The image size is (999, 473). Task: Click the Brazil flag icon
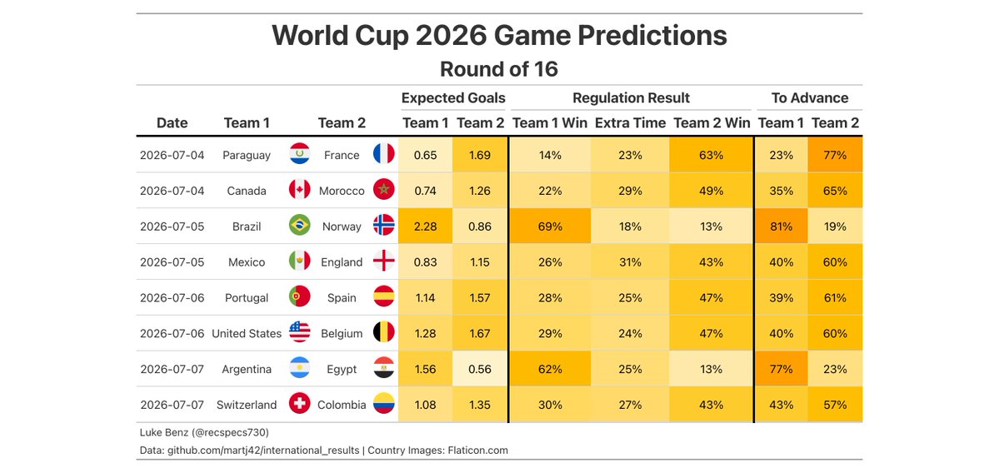(x=299, y=226)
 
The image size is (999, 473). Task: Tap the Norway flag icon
(x=383, y=226)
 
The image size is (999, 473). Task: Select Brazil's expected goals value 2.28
(x=426, y=227)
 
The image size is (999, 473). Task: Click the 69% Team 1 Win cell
(x=550, y=227)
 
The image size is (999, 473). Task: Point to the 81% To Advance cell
(x=781, y=227)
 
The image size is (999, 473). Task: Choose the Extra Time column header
(x=630, y=123)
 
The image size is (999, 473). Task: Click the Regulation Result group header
(x=631, y=98)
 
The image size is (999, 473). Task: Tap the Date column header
(x=172, y=123)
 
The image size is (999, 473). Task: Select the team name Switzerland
(x=247, y=405)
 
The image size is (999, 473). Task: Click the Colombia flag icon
(x=383, y=404)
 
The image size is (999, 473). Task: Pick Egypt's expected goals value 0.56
(x=481, y=369)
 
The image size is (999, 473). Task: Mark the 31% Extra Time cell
(x=630, y=262)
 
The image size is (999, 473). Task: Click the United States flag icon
(x=299, y=332)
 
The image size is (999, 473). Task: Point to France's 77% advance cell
(x=835, y=156)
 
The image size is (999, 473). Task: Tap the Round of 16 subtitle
(x=499, y=69)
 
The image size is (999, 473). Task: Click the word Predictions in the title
(x=652, y=36)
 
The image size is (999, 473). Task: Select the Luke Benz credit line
(x=204, y=433)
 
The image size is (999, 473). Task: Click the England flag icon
(x=383, y=261)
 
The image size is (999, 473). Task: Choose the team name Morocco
(x=342, y=191)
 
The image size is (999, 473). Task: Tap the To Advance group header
(x=810, y=98)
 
